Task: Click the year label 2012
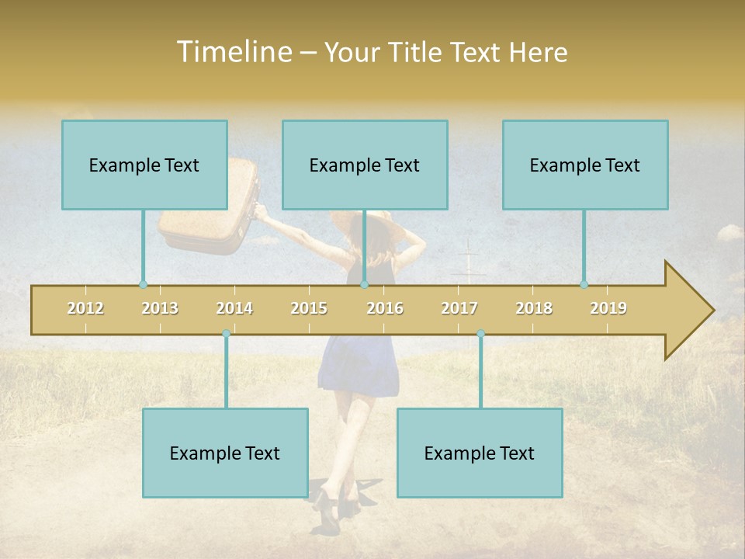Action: click(x=85, y=308)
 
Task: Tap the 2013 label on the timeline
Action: click(x=160, y=308)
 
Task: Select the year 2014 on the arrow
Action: click(x=234, y=308)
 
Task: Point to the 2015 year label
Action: click(x=309, y=308)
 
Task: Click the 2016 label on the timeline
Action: click(x=385, y=308)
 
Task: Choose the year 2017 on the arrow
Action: click(x=459, y=308)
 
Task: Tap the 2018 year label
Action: click(x=534, y=308)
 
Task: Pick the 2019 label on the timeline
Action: click(x=608, y=308)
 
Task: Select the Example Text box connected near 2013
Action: click(x=144, y=165)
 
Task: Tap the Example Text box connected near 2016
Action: click(x=365, y=165)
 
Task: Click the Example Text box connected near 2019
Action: click(x=585, y=165)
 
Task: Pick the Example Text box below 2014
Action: click(x=225, y=453)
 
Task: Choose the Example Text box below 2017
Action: click(x=480, y=453)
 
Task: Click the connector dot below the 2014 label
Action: click(x=226, y=333)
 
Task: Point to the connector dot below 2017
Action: click(x=480, y=333)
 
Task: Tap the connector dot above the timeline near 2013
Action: click(x=143, y=284)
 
